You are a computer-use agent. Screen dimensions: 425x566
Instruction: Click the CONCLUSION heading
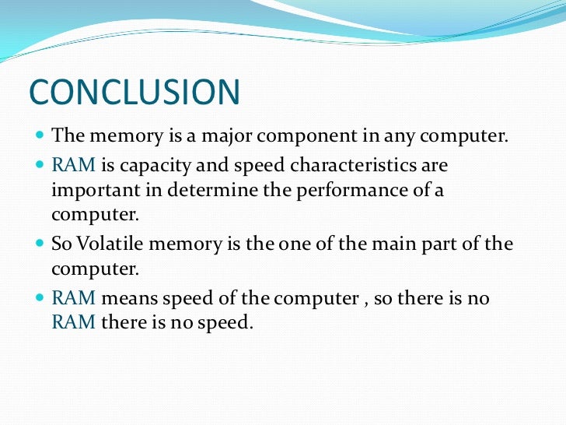point(135,91)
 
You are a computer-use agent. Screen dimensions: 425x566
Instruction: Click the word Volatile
point(108,244)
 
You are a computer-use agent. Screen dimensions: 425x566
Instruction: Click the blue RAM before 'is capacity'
point(73,165)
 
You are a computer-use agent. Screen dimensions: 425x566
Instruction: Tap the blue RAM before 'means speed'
point(73,297)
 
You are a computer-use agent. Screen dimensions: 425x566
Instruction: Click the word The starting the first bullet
point(67,138)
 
